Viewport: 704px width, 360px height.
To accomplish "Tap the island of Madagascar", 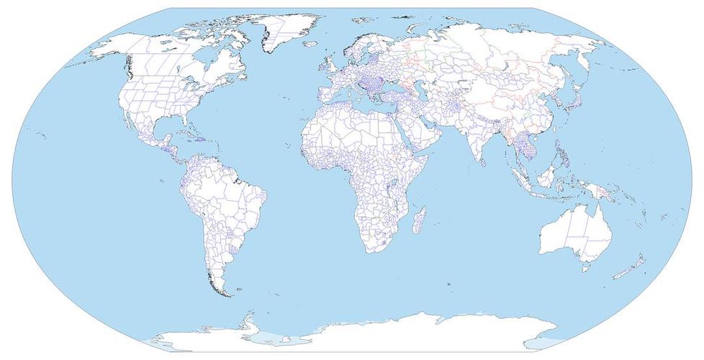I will [x=418, y=219].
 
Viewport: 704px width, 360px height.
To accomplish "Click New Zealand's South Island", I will [x=620, y=274].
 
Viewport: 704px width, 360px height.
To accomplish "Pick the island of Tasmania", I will [x=587, y=269].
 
